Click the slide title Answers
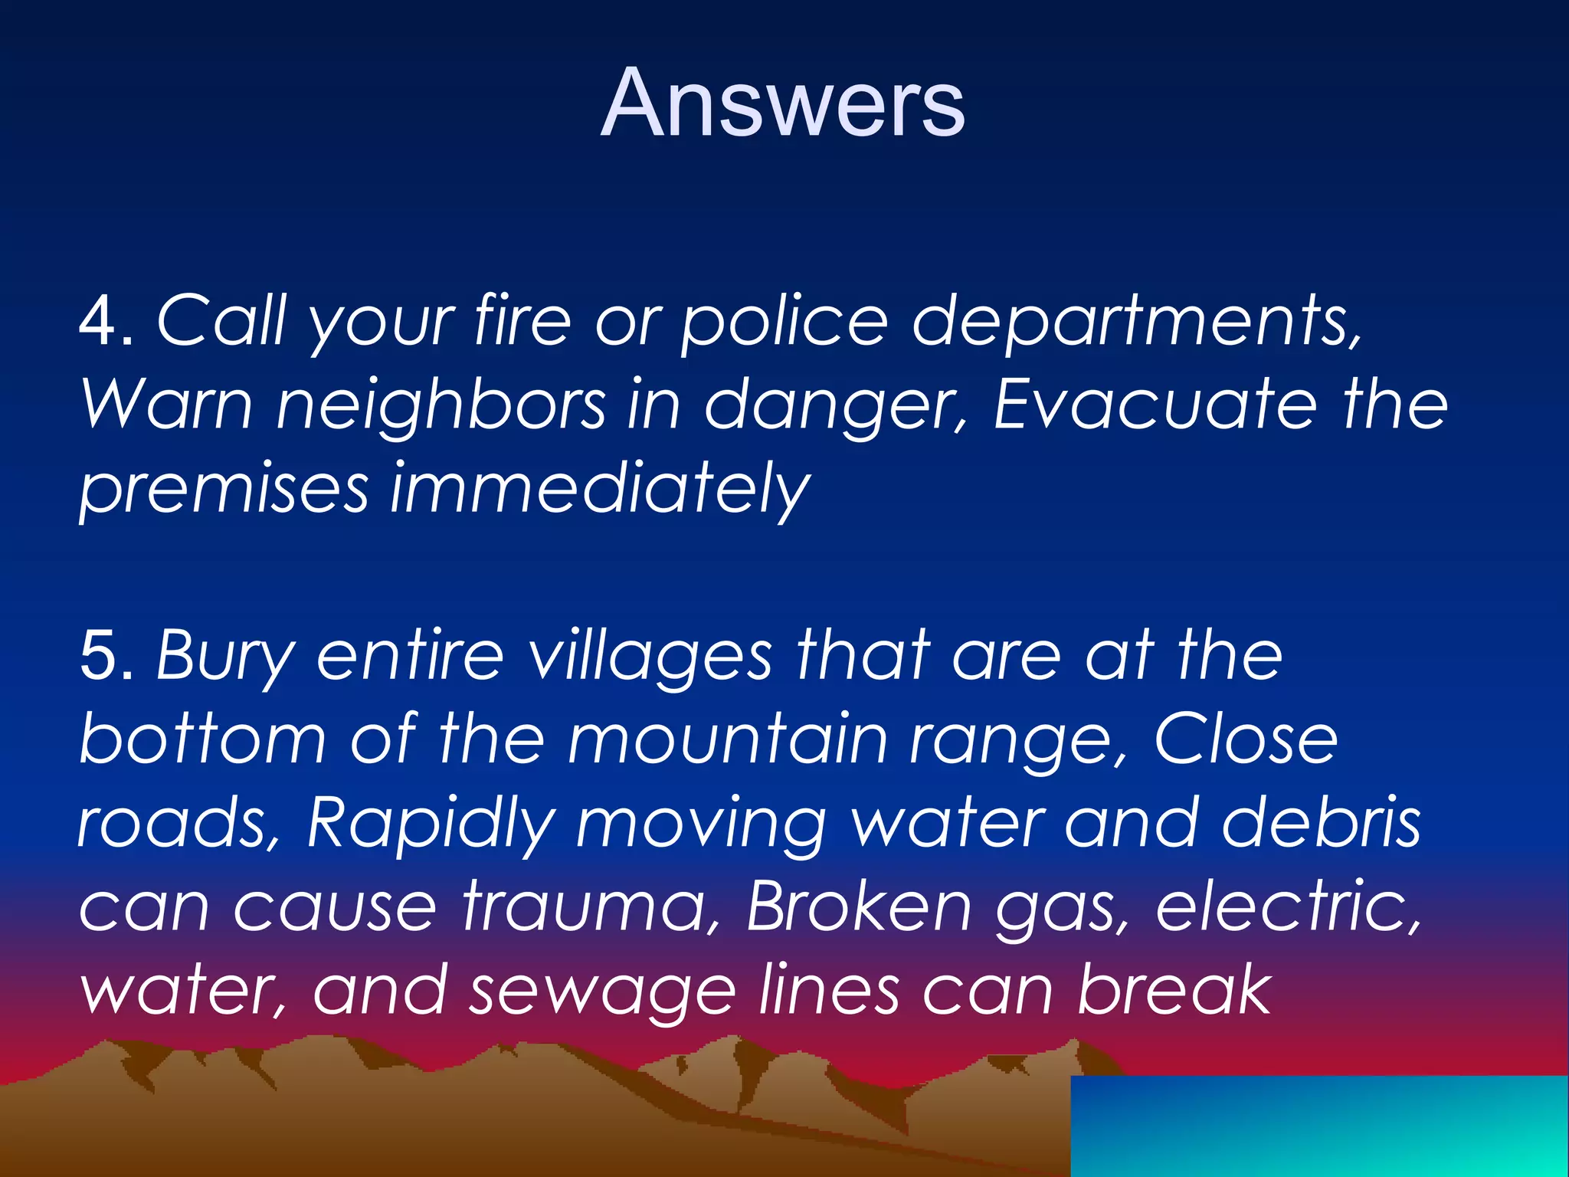click(782, 103)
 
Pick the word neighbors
click(441, 405)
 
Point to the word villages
click(651, 657)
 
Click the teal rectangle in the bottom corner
click(1318, 1126)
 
